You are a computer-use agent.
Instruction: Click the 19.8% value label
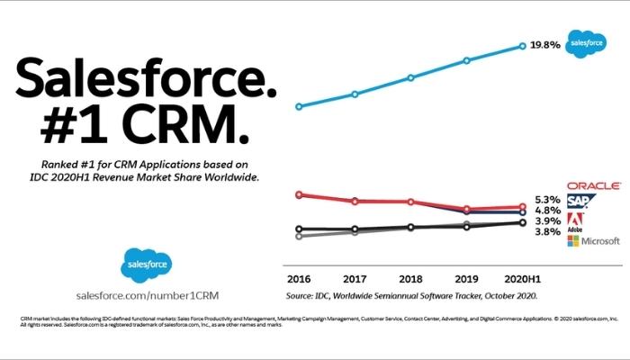coord(545,44)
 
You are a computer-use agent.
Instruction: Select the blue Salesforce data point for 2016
coord(299,106)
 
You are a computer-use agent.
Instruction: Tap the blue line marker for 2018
coord(410,77)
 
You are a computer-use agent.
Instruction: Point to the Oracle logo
coord(593,185)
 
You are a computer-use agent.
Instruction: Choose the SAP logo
coord(578,201)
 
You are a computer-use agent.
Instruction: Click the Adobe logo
coord(576,223)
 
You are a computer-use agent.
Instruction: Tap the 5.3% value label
coord(547,200)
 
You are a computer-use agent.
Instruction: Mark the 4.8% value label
coord(547,211)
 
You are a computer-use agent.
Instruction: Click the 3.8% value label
coord(547,232)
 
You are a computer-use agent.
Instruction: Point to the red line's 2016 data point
coord(299,193)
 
